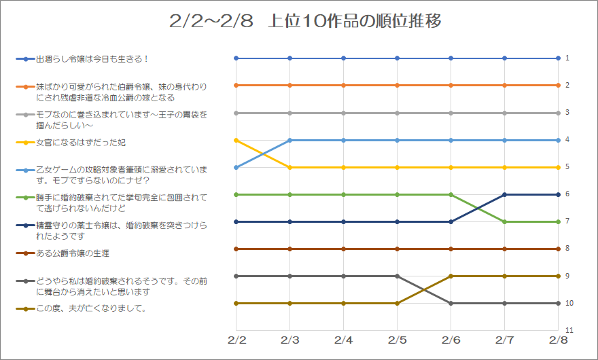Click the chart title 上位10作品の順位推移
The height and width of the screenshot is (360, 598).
coord(305,21)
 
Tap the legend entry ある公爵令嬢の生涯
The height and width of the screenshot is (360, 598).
coord(73,253)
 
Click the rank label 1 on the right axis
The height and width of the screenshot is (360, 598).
coord(567,58)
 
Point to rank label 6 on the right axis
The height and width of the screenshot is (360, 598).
coord(567,194)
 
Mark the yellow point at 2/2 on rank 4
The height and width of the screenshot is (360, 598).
coord(236,140)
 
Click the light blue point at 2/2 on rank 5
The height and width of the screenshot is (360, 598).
coord(236,167)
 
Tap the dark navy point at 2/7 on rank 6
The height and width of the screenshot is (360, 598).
coord(504,194)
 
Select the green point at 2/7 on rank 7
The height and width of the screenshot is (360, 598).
coord(504,221)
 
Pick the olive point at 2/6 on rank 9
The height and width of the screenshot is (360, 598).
coord(451,276)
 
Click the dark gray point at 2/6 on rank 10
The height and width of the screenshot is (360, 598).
coord(451,303)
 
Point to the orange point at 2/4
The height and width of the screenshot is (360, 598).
coord(343,86)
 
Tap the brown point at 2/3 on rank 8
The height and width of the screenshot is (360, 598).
coord(289,249)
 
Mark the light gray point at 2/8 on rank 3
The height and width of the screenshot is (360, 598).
coord(558,113)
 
